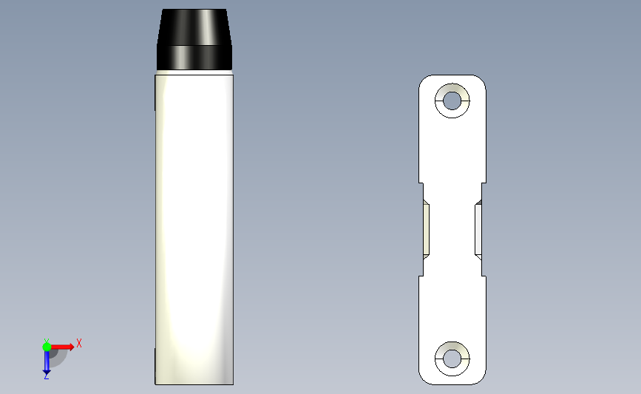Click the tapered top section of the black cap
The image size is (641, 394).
coord(194,27)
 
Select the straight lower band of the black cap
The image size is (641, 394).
coord(194,58)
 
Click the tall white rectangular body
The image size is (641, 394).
coord(194,229)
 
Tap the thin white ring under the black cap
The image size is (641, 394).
coord(194,72)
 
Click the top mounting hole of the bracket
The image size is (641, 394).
coord(452,101)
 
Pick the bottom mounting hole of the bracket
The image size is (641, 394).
coord(452,359)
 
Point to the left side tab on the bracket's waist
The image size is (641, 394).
coord(426,229)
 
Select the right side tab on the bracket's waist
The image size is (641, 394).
coord(478,229)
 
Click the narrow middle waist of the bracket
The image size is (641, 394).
coord(452,229)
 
